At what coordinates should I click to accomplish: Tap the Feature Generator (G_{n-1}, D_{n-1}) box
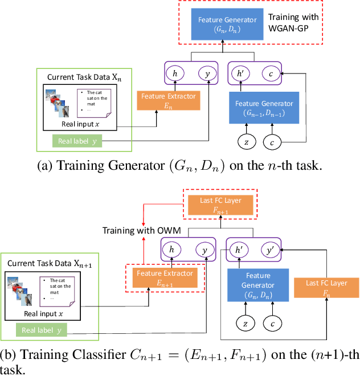[x=264, y=107]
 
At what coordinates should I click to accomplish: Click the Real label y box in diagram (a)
[x=77, y=141]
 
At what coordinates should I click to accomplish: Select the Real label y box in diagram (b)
[x=41, y=330]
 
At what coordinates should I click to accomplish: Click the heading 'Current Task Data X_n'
[x=84, y=77]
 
